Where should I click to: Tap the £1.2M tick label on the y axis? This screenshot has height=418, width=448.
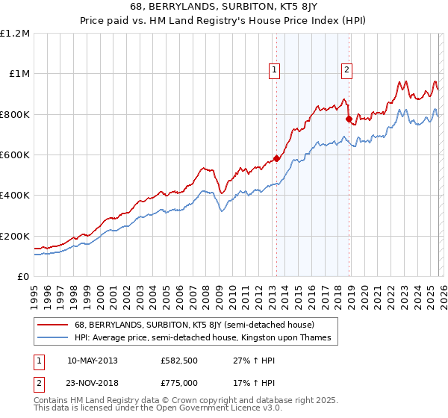[15, 34]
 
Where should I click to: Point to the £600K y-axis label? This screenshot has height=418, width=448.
[15, 155]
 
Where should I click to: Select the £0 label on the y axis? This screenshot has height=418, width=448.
[22, 276]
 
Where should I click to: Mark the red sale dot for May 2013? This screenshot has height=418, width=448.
[276, 158]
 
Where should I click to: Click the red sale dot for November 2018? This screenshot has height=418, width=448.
[349, 119]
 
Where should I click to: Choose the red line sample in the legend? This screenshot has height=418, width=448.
[53, 325]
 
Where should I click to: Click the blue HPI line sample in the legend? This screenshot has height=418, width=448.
[53, 338]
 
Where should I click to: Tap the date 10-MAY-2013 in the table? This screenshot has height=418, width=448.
[92, 360]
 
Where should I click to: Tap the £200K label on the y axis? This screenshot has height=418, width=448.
[15, 236]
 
